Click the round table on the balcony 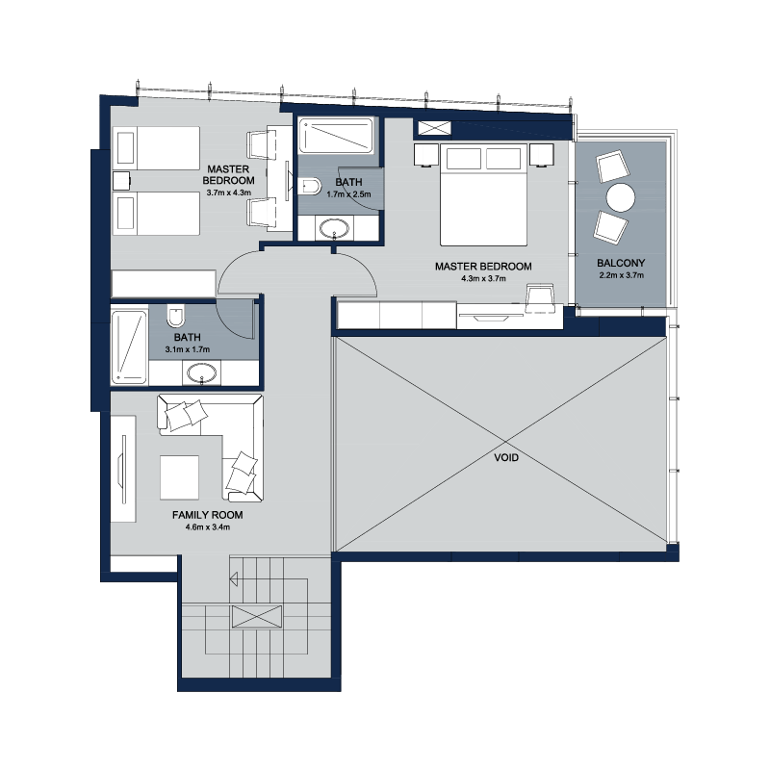tap(620, 197)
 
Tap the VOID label tap(506, 458)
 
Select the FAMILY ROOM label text tap(207, 515)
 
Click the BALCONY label tap(621, 263)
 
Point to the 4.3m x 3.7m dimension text tap(483, 278)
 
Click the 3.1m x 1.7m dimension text tap(187, 349)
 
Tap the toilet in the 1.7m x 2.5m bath tap(309, 186)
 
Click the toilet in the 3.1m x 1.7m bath tap(175, 316)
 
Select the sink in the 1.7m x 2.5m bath tap(334, 228)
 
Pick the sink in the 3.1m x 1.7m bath tap(201, 373)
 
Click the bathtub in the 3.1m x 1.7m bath tap(129, 346)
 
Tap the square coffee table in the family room tap(179, 477)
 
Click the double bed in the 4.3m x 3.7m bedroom tap(484, 194)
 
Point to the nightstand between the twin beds tap(121, 181)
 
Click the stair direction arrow tap(234, 579)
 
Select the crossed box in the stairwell tap(257, 617)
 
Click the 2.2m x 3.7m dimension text tap(621, 275)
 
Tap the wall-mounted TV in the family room tap(122, 469)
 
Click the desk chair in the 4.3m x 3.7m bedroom tap(540, 298)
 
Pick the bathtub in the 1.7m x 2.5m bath tap(336, 135)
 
